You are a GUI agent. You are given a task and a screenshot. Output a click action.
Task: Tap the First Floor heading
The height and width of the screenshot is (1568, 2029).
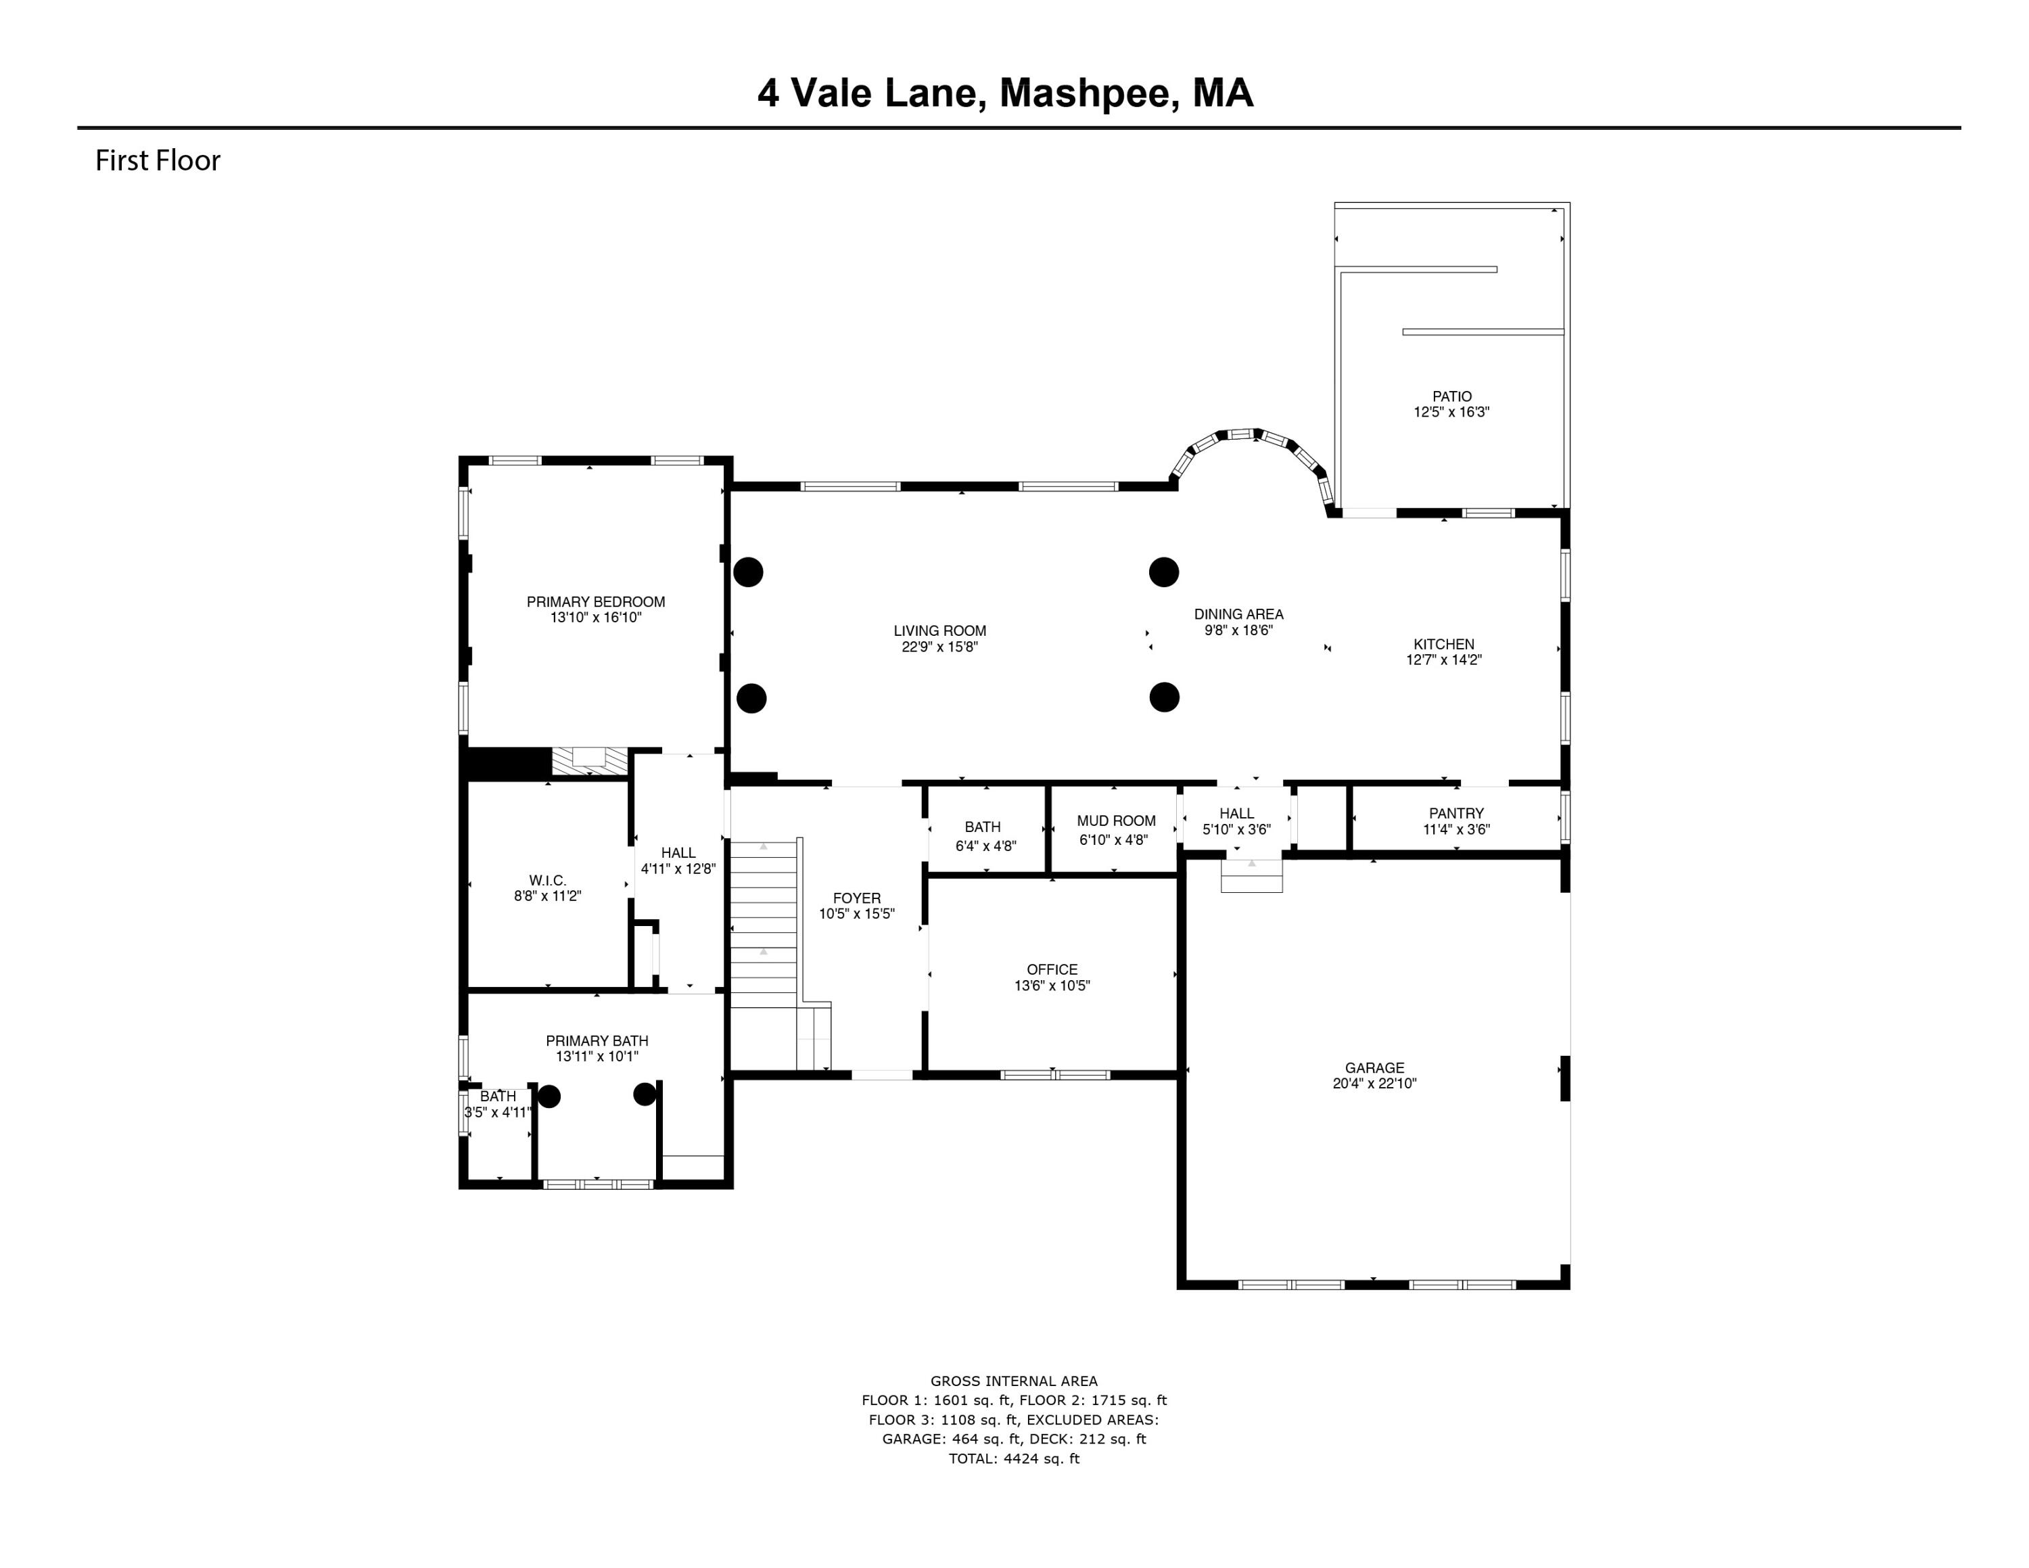[158, 161]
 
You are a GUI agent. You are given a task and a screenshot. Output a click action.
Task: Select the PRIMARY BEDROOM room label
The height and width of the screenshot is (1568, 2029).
[595, 602]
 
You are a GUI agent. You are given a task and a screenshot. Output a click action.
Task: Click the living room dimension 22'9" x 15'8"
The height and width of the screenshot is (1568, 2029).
[939, 647]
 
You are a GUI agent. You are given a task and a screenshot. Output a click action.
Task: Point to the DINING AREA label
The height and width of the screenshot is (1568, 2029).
[1238, 614]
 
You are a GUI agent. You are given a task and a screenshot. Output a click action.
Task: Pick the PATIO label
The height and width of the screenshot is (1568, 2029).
[1451, 396]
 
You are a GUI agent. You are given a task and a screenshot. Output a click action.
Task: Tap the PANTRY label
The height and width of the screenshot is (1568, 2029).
[1455, 813]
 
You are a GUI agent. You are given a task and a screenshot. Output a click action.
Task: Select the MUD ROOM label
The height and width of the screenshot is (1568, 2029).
[1116, 821]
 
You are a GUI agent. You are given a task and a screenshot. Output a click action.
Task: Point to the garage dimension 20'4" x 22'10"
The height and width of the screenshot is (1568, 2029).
[1374, 1083]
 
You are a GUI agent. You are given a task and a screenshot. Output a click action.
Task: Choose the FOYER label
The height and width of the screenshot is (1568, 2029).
[856, 898]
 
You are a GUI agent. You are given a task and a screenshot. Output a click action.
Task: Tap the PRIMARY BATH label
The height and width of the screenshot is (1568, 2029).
[597, 1040]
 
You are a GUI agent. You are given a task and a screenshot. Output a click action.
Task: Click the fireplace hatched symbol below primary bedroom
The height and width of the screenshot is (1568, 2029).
[589, 762]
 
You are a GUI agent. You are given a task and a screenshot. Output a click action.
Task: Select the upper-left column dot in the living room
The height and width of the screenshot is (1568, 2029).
[748, 572]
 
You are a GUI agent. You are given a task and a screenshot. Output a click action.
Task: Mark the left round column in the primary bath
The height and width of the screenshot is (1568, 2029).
[549, 1096]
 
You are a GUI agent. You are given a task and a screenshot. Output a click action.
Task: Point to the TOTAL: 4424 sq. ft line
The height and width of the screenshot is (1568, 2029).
[1014, 1458]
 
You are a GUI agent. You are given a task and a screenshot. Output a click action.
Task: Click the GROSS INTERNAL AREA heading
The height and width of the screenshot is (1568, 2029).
[1014, 1381]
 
